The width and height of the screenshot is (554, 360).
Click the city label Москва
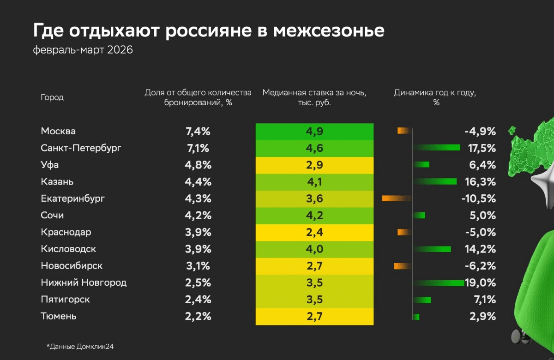coord(58,131)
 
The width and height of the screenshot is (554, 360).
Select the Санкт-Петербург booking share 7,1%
coord(198,148)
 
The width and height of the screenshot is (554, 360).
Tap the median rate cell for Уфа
coord(314,165)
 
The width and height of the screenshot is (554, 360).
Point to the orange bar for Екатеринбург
coord(397,198)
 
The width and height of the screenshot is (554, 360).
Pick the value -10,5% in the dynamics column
coord(479,198)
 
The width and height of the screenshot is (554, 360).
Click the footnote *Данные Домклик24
coord(80,346)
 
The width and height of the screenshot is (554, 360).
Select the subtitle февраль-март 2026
coord(83,50)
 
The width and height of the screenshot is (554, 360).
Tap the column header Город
coord(52,97)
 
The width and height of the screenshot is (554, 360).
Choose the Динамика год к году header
coord(435,97)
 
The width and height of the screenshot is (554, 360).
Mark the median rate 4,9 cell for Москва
coord(314,132)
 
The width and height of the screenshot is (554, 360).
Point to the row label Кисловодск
coord(68,249)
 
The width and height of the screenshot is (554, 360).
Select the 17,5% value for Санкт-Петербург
coord(480,148)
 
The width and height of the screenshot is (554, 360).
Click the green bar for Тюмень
coord(416,317)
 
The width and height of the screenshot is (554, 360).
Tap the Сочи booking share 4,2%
coord(198,215)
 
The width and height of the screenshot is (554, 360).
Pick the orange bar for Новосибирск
coord(403,266)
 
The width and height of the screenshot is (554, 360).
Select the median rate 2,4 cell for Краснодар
coord(314,232)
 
